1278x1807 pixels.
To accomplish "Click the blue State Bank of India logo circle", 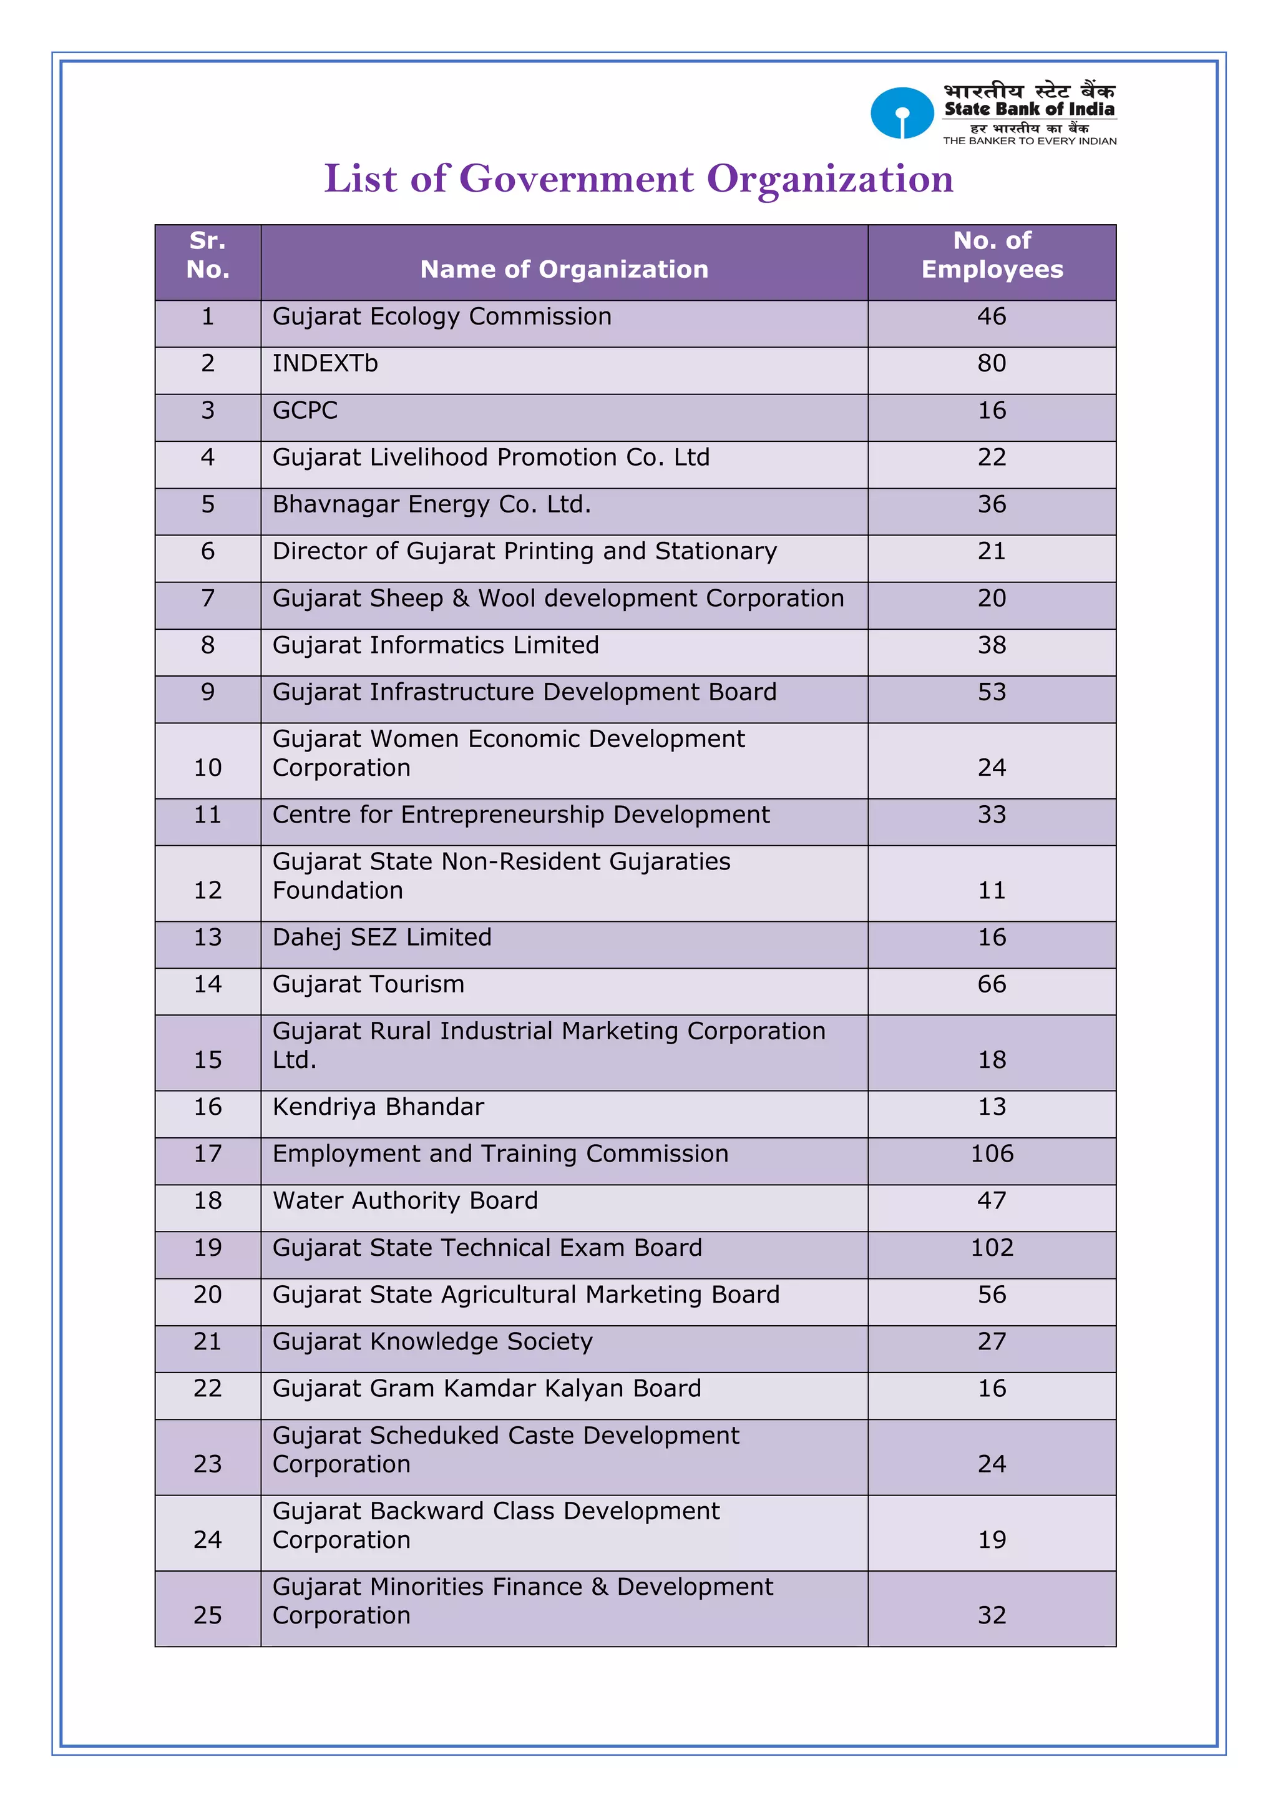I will (902, 114).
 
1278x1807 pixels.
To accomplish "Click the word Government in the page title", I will (576, 179).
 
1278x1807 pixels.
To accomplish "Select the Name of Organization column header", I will (564, 269).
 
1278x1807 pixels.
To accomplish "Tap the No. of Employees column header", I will (992, 255).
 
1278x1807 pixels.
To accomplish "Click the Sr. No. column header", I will (208, 255).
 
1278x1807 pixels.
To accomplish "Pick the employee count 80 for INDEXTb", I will (992, 364).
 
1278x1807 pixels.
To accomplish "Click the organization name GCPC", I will (305, 411).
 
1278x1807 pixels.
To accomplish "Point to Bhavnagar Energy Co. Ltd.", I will (431, 504).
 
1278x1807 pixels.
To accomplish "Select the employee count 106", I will (992, 1153).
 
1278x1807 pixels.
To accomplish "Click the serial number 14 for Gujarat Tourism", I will (208, 984).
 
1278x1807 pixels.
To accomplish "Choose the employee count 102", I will (992, 1248).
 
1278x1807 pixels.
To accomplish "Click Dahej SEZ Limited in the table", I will (382, 938).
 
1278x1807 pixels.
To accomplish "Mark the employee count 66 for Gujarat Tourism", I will (992, 984).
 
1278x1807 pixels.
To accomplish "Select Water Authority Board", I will (405, 1201).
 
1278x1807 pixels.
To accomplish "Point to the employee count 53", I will (992, 693).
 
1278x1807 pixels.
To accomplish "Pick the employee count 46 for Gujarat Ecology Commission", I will (992, 316).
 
